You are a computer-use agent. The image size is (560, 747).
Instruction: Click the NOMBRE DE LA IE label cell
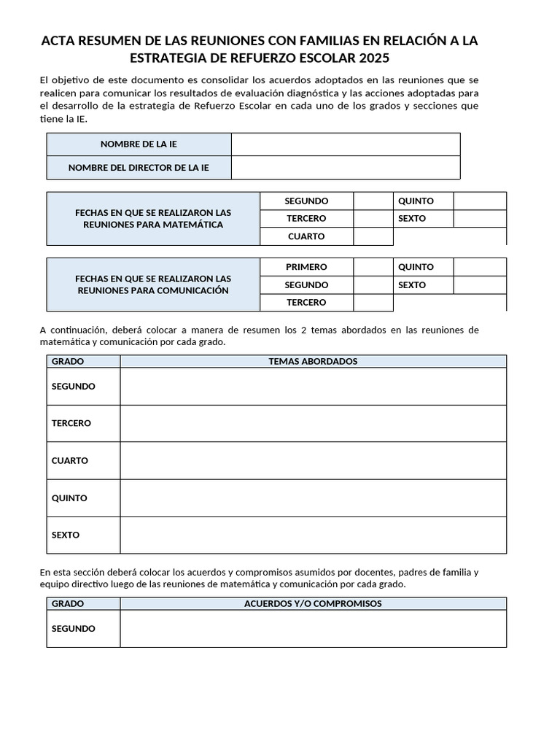tap(139, 144)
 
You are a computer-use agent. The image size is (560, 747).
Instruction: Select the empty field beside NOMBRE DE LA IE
tap(345, 144)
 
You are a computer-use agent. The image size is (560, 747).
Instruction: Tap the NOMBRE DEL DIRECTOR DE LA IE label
tap(139, 168)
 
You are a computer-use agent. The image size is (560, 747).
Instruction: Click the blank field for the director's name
tap(345, 168)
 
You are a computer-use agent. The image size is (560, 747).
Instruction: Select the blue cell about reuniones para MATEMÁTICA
tap(153, 219)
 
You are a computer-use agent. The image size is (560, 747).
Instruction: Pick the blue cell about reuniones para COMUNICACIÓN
tap(153, 285)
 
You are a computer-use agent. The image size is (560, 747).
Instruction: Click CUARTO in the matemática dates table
tap(306, 236)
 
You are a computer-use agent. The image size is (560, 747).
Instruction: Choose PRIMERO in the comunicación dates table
tap(306, 267)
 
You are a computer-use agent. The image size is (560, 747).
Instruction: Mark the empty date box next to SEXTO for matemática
tap(479, 219)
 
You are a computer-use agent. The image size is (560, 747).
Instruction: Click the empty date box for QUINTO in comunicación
tap(479, 267)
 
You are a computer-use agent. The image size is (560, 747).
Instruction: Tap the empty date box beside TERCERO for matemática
tap(373, 219)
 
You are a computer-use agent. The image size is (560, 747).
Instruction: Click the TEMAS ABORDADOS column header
tap(313, 361)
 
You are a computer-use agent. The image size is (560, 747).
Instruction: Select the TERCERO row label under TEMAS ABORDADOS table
tap(71, 424)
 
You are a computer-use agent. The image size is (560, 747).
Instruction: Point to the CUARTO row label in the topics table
tap(70, 461)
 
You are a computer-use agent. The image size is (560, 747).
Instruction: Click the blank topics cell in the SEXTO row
tap(313, 535)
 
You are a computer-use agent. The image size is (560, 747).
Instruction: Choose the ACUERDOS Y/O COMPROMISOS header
tap(313, 604)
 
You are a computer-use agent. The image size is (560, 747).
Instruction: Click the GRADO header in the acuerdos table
tap(68, 604)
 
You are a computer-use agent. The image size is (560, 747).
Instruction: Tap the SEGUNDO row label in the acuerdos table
tap(74, 629)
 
